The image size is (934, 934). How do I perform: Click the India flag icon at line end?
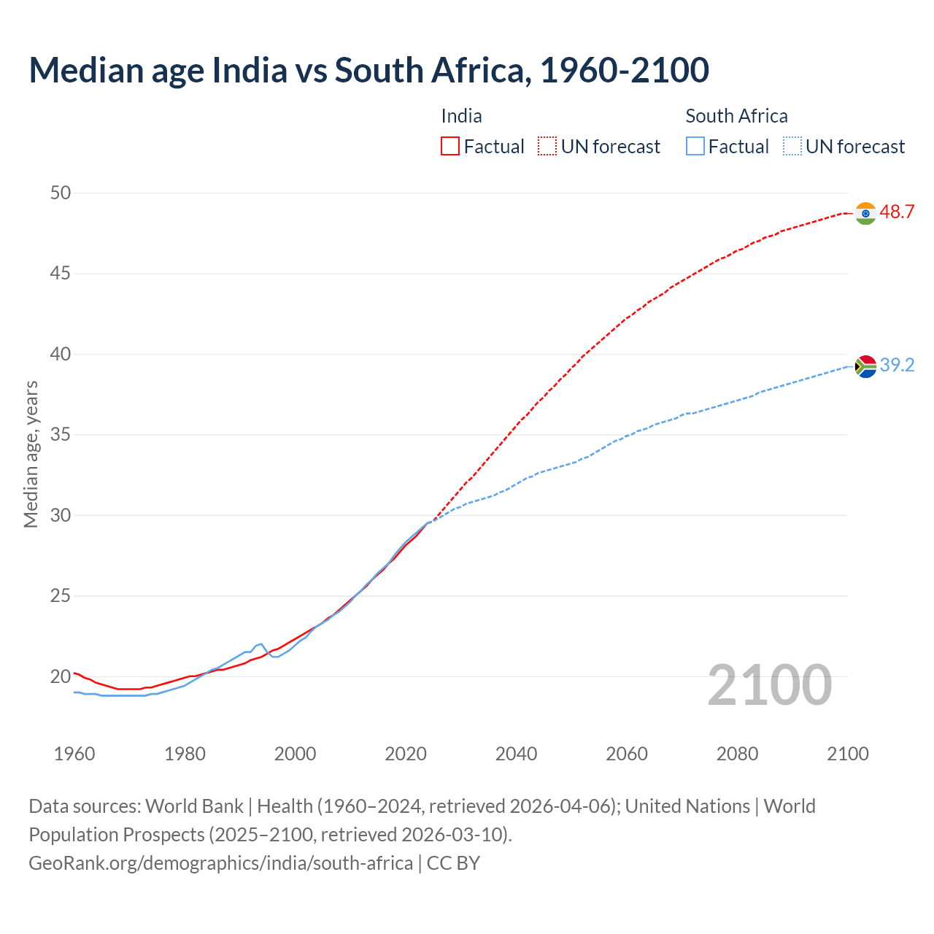click(865, 213)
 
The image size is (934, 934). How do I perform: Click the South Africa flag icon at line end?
click(865, 366)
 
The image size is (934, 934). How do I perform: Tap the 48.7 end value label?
click(897, 212)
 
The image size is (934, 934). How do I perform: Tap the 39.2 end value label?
click(897, 366)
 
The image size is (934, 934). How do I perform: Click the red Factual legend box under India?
click(450, 147)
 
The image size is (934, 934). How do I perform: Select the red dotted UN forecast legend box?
click(547, 147)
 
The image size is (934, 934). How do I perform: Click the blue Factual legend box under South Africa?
click(695, 147)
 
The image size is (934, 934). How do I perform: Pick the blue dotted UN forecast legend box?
click(792, 147)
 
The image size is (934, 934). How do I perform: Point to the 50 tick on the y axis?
click(61, 193)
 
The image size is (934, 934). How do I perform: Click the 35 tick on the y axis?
click(61, 435)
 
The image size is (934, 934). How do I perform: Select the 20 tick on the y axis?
click(61, 676)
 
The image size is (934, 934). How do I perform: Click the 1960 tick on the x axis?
click(74, 754)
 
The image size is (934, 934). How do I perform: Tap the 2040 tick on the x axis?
click(516, 754)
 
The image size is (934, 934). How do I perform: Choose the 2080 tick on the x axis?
click(737, 754)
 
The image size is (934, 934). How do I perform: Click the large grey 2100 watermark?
click(770, 684)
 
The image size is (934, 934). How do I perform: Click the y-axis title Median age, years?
click(31, 454)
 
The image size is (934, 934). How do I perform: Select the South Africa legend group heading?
click(736, 116)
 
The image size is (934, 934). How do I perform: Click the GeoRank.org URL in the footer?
click(220, 863)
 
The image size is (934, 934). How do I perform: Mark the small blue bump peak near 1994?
click(261, 644)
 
